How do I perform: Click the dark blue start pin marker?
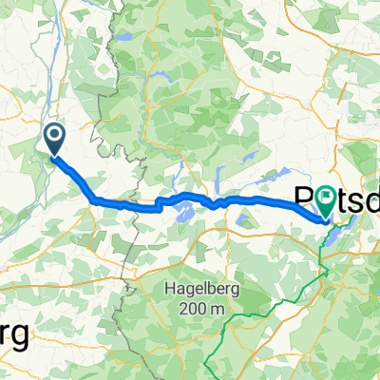(55, 141)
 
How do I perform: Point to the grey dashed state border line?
(123, 285)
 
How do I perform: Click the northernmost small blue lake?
(124, 37)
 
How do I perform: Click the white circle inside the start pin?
(55, 137)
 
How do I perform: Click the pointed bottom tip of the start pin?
(55, 155)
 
